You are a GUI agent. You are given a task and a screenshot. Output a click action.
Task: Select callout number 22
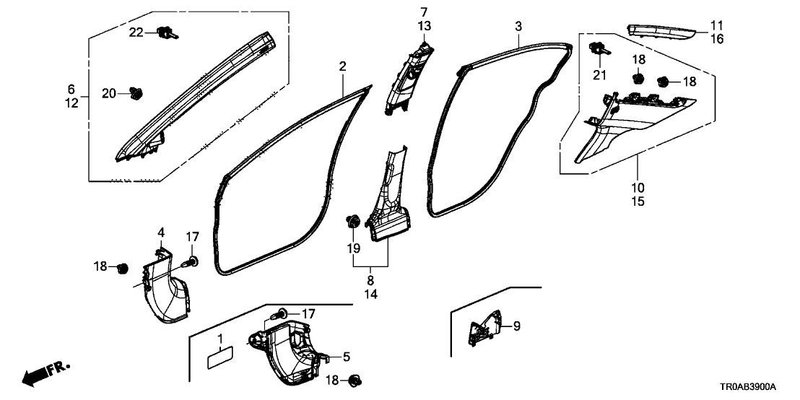[137, 32]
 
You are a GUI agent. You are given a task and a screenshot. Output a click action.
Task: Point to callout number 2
[342, 67]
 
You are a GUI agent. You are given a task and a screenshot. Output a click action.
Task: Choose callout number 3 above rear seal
[518, 27]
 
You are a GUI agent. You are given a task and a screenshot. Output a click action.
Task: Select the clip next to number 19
[354, 221]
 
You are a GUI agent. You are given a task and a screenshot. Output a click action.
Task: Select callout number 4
[161, 232]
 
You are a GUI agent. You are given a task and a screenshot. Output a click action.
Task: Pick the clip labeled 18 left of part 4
[122, 268]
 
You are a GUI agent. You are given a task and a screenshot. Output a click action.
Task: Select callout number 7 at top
[423, 12]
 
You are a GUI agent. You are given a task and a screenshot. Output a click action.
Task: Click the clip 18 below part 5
[355, 380]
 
